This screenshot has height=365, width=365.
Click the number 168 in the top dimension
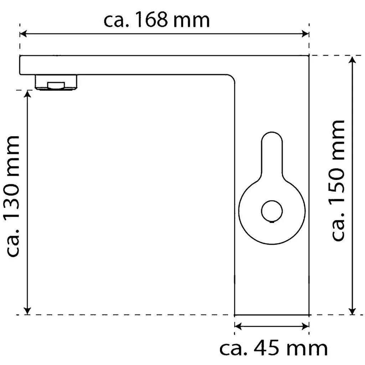tap(151, 20)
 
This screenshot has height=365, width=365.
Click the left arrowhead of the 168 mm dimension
tap(23, 34)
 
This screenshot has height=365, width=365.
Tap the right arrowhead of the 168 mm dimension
tap(305, 34)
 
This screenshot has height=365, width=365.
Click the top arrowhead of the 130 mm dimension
tap(27, 93)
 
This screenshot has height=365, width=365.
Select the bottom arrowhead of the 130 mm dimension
tap(27, 311)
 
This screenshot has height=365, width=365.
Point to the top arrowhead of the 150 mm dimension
tap(353, 59)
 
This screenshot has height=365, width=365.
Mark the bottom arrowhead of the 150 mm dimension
tap(353, 311)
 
